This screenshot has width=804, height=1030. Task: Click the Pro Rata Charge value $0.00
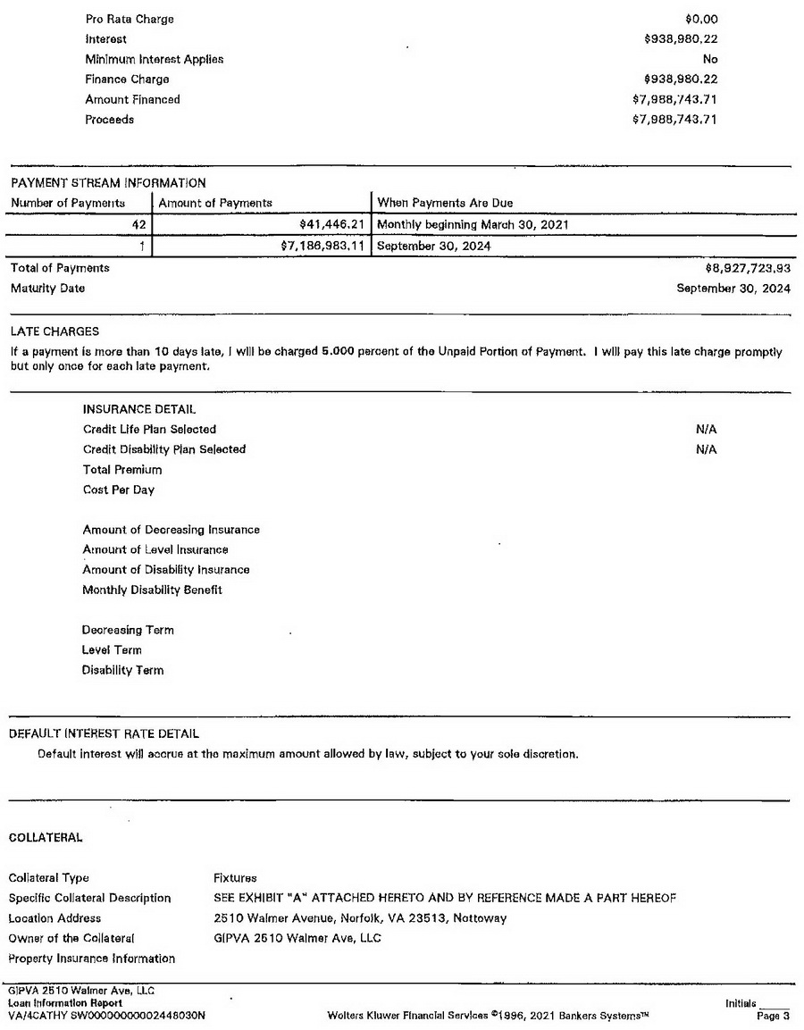point(700,19)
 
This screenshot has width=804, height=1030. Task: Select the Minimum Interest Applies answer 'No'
point(710,59)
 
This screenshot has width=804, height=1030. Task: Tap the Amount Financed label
point(132,99)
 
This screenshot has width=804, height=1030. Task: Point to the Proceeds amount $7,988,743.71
point(674,120)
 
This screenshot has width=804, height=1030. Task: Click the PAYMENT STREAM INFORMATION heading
point(108,183)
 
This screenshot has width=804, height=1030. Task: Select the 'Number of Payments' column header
point(68,203)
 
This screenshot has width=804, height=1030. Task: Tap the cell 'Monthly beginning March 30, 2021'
point(473,224)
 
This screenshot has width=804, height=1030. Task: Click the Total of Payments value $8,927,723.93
point(748,268)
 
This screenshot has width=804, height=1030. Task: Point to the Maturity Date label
point(48,289)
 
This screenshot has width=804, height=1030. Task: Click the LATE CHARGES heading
point(55,331)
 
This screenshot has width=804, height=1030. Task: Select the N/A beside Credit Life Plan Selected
point(706,429)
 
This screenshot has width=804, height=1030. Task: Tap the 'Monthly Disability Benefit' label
point(152,590)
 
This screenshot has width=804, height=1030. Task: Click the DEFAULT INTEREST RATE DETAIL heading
point(104,734)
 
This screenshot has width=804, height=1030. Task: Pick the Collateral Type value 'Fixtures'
point(235,877)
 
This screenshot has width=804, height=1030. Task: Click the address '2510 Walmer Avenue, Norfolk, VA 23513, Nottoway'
point(360,918)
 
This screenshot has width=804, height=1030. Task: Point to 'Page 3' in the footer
point(773,1016)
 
